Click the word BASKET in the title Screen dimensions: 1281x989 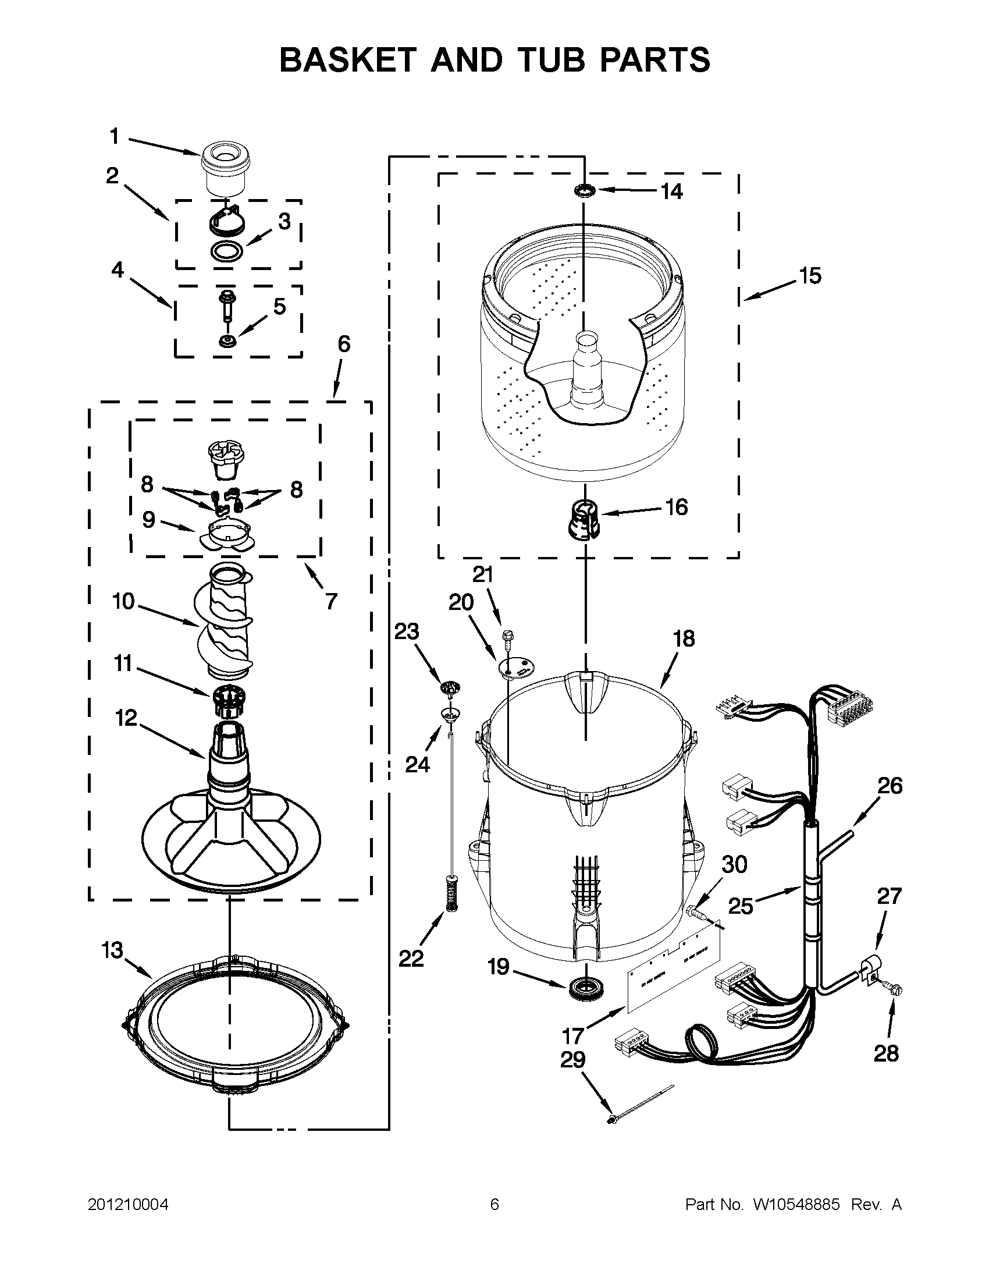pyautogui.click(x=348, y=60)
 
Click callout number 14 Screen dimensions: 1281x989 pyautogui.click(x=672, y=191)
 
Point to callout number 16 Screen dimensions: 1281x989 pyautogui.click(x=677, y=507)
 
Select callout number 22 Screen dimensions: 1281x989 pyautogui.click(x=410, y=959)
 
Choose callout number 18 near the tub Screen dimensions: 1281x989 pyautogui.click(x=684, y=638)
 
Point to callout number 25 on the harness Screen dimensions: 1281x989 pyautogui.click(x=740, y=906)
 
